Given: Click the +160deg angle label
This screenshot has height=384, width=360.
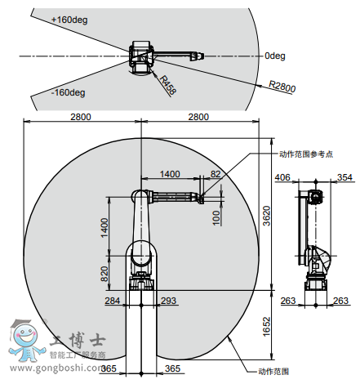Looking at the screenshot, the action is [69, 20].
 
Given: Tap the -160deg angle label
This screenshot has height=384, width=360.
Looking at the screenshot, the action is [69, 92].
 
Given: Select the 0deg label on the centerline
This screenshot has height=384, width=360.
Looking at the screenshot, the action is [275, 56].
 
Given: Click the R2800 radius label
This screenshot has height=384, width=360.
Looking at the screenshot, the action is [282, 87].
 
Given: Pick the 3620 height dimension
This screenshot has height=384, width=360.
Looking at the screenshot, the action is [267, 216].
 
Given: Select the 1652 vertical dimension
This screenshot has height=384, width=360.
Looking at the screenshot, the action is [267, 326].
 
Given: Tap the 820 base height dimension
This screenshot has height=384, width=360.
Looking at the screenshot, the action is [104, 274].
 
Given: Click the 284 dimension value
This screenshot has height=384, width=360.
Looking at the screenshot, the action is [113, 301].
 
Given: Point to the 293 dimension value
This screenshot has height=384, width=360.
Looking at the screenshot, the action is [169, 301].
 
